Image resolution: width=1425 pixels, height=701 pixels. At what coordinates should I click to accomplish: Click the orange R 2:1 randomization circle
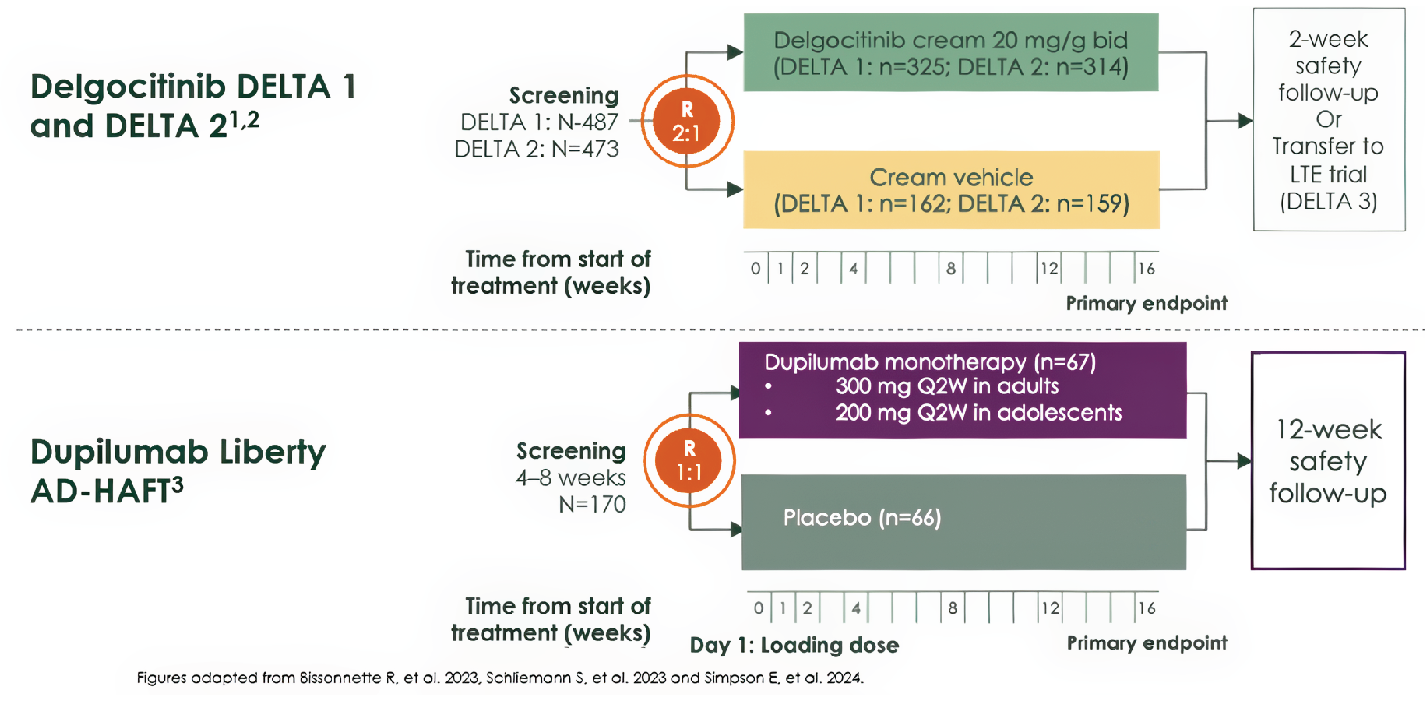coord(686,121)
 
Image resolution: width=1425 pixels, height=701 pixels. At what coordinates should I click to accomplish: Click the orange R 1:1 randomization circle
coord(689,460)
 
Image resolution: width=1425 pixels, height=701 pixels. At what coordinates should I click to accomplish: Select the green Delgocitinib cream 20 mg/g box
coord(950,53)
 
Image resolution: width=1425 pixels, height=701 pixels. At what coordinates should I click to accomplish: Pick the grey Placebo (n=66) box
coord(963,522)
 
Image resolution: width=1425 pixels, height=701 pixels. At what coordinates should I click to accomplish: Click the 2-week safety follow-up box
coord(1328,119)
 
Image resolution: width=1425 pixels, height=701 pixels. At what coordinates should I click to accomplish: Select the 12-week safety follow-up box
coord(1328,460)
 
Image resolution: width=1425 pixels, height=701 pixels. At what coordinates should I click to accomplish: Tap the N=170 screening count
coord(592,504)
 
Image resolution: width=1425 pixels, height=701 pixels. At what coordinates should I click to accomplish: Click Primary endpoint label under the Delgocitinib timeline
coord(1146,303)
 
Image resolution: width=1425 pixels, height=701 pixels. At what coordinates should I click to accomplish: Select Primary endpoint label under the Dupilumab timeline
coord(1146,643)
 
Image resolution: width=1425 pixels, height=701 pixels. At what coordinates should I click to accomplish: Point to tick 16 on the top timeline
coord(1146,268)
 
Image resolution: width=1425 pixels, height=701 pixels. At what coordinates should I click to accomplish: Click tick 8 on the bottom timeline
coord(952,608)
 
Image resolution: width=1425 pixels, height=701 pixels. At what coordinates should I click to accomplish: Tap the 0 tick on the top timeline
coord(755,268)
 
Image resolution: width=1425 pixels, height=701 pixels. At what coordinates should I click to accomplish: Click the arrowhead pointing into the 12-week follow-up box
coord(1243,460)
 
